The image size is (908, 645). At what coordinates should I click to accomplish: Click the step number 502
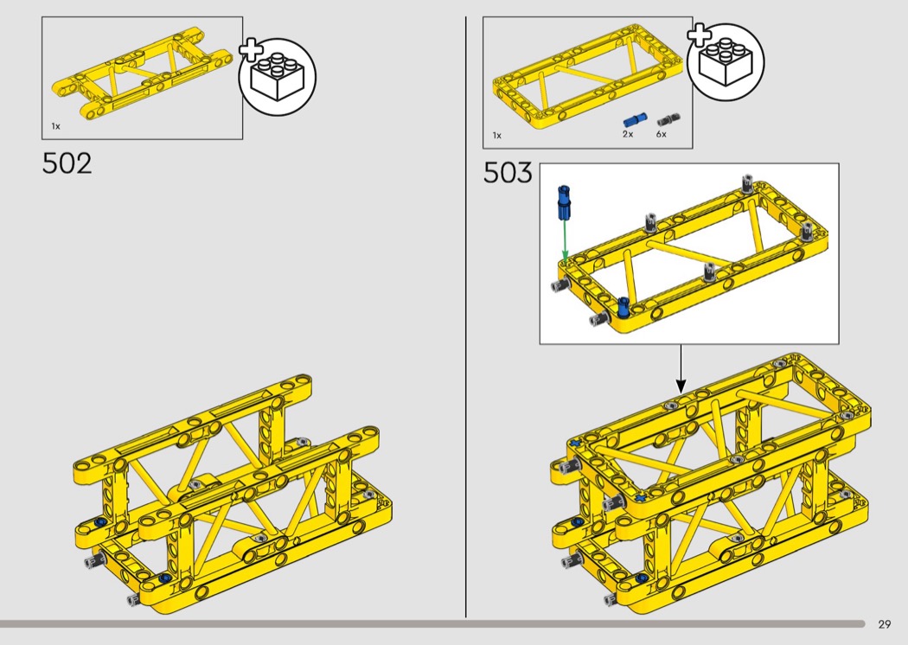tap(67, 163)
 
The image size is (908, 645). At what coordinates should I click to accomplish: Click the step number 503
tap(508, 173)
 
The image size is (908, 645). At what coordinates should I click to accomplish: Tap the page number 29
tap(885, 624)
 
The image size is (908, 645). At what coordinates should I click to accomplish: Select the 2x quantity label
tap(628, 134)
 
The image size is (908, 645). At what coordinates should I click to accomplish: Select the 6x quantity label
tap(662, 134)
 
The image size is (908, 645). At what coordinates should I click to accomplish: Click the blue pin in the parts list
tap(635, 120)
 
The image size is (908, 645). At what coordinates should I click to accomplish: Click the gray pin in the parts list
tap(668, 120)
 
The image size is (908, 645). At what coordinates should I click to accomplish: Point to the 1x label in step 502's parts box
tap(55, 126)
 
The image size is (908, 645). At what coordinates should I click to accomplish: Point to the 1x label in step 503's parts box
tap(497, 136)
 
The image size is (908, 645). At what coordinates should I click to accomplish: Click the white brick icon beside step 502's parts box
tap(278, 77)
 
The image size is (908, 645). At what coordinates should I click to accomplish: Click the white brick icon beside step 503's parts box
tap(726, 62)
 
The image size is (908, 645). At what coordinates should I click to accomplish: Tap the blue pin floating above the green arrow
tap(564, 203)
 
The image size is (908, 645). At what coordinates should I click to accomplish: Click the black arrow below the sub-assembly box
tap(681, 369)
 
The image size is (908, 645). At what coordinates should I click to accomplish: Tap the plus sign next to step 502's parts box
tap(251, 50)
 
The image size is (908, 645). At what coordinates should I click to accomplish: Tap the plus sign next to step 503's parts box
tap(699, 35)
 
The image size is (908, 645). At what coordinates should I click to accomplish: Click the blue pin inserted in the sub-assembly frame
tap(623, 306)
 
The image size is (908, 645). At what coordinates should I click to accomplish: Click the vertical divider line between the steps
tap(465, 316)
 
